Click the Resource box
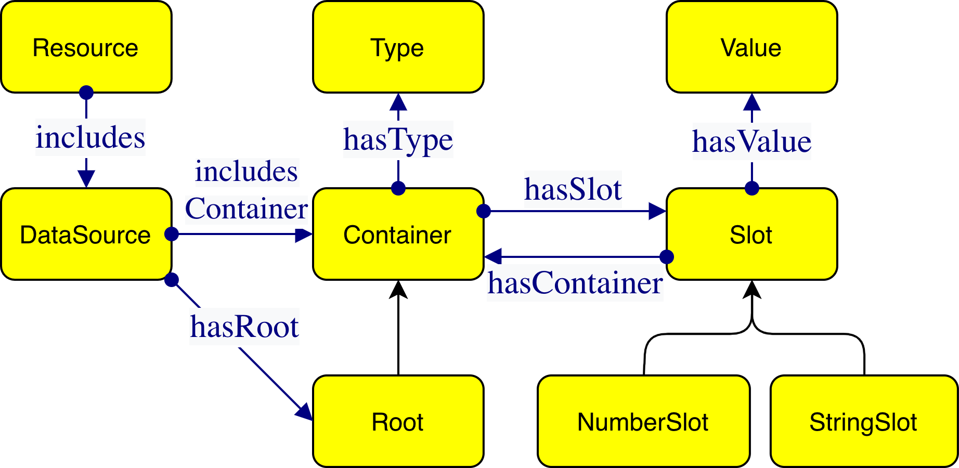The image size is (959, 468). click(86, 47)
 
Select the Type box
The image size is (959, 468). click(398, 47)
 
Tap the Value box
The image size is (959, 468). click(751, 47)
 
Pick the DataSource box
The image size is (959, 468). click(86, 235)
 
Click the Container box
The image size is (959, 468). click(398, 235)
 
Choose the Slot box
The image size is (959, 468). click(751, 235)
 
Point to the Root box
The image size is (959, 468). click(398, 421)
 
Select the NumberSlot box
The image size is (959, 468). click(643, 421)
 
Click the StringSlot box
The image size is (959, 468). click(864, 421)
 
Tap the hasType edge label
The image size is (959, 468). click(398, 140)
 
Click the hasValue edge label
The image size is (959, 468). click(752, 142)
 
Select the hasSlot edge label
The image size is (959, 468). click(573, 190)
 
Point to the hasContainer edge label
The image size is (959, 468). click(575, 284)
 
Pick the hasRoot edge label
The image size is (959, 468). click(244, 328)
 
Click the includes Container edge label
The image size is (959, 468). click(247, 191)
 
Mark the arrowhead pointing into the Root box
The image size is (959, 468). click(305, 412)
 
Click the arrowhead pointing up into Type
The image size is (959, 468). click(398, 102)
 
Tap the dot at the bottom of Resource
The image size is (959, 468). click(86, 93)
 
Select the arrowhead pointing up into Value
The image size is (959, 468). click(752, 102)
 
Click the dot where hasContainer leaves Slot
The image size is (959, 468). click(666, 256)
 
